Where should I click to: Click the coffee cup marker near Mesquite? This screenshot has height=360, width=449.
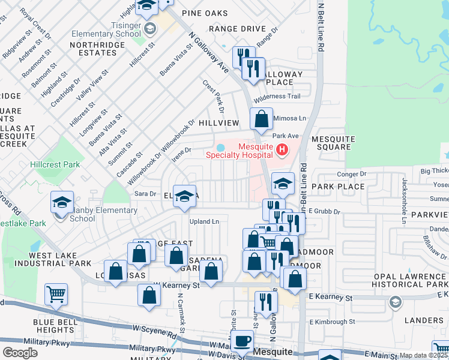coord(242,341)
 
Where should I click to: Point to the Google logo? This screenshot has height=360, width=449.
coord(20,353)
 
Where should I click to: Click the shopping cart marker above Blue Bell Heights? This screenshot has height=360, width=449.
coord(56,294)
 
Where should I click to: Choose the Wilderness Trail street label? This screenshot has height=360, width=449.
coord(277,97)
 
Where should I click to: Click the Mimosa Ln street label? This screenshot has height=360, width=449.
coord(290,118)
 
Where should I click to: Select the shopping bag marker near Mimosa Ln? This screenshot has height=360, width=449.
coord(261,118)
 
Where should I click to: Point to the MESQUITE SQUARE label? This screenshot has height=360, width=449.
coord(331,143)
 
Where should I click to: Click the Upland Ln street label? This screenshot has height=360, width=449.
coord(203,221)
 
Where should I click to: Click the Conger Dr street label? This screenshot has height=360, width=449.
coord(352,174)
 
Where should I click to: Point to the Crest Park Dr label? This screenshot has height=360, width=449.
coord(213,97)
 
